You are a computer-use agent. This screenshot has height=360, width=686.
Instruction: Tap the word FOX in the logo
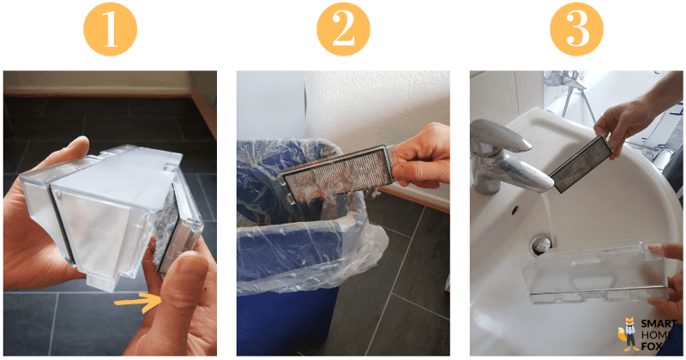click(658, 346)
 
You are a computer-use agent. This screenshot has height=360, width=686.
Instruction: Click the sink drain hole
click(540, 244)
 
